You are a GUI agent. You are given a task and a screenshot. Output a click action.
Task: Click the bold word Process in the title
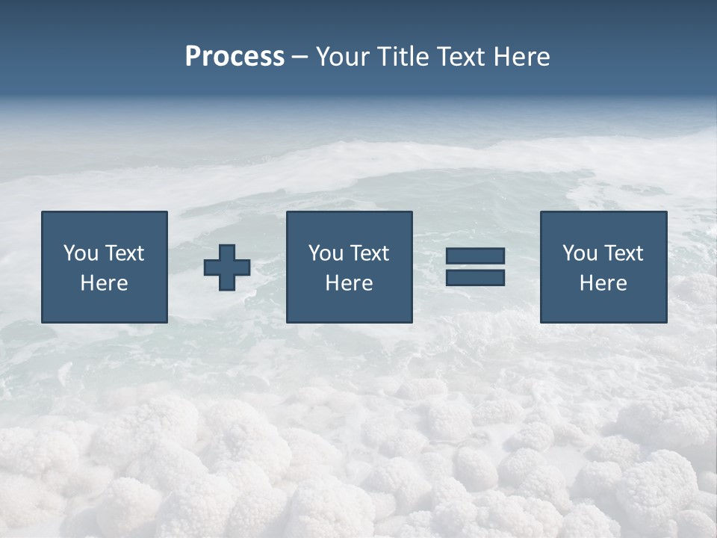[235, 57]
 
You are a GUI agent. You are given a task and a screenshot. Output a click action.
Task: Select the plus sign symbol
[227, 268]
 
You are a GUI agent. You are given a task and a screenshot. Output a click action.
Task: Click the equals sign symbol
[475, 267]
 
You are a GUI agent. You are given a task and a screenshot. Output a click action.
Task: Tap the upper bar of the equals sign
[475, 256]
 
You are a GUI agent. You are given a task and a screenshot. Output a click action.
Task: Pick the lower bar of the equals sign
[475, 277]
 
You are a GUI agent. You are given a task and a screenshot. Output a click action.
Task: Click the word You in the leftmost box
[80, 253]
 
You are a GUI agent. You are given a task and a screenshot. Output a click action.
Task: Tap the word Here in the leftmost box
[105, 283]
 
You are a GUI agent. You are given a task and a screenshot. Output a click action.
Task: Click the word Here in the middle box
[349, 283]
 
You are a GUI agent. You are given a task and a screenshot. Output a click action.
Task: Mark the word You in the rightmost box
[579, 253]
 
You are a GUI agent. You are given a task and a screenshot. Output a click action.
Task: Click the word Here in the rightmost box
[603, 283]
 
